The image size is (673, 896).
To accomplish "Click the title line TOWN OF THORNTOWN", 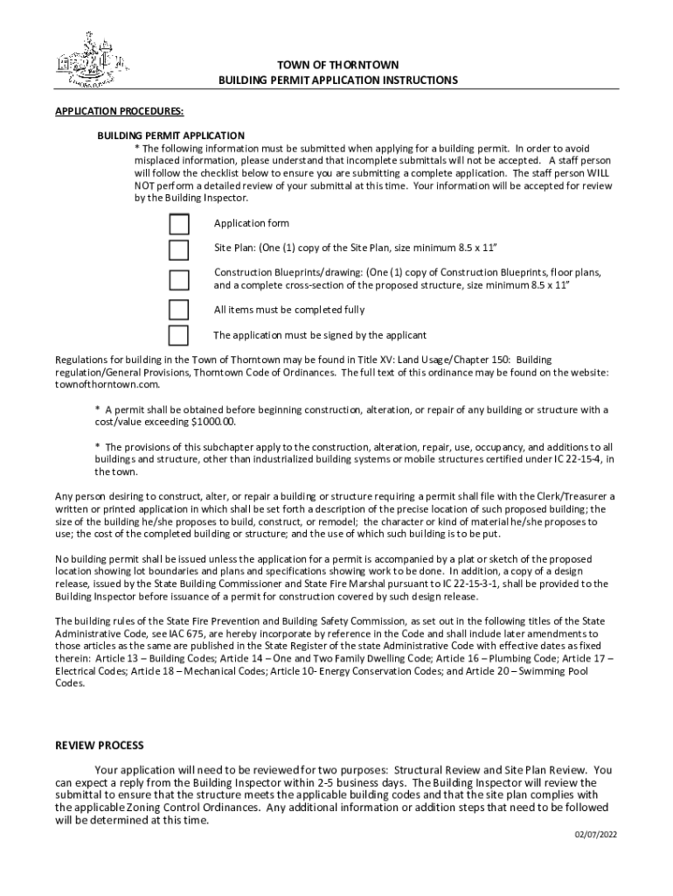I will point(336,66).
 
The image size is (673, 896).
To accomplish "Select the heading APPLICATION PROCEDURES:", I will point(119,112).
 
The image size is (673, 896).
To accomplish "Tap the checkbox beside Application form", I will point(178,224).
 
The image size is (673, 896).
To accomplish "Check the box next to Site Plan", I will point(178,250).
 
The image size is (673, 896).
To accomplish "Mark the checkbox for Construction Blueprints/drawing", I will point(178,279).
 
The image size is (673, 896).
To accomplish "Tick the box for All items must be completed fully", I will point(178,310).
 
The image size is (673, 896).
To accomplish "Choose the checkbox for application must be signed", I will point(178,335).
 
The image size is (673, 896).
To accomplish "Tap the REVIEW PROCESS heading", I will point(100,745).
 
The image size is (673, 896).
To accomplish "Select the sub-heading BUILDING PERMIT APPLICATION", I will point(170,136).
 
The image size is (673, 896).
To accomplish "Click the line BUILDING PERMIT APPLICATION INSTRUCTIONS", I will point(337,80).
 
